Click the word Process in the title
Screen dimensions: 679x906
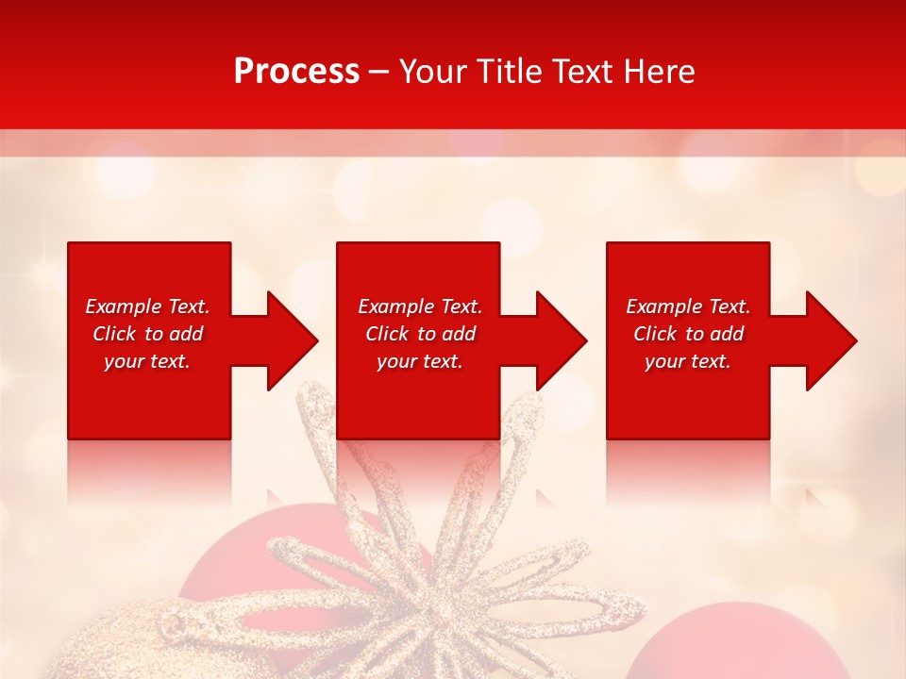click(296, 72)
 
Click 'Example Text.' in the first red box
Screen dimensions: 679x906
click(147, 306)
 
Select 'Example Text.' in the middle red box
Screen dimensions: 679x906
click(420, 306)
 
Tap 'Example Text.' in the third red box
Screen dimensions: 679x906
click(688, 306)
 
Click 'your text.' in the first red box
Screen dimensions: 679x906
click(147, 361)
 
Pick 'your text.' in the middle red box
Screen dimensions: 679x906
click(420, 361)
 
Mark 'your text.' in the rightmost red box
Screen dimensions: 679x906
click(688, 361)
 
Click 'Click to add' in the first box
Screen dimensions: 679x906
click(147, 334)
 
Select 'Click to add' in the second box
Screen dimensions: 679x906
click(420, 334)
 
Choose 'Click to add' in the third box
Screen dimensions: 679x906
click(688, 334)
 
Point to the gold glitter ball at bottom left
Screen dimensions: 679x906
click(104, 646)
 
